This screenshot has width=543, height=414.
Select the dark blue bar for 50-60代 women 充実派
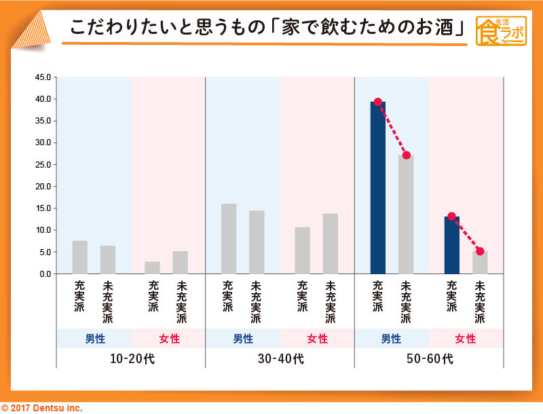pos(452,245)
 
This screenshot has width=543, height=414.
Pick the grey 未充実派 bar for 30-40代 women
pos(331,244)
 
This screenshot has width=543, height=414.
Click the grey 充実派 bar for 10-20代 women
pos(153,267)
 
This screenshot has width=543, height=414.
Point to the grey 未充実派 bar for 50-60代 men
pos(406,214)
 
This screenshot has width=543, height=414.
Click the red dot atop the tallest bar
pos(378,102)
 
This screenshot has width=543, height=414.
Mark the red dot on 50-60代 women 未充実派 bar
pos(480,251)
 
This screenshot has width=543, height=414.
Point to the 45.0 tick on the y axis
pos(43,77)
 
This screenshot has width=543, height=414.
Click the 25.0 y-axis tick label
pos(43,165)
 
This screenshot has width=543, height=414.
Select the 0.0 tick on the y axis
pos(45,274)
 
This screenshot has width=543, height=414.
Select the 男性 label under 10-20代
pos(94,339)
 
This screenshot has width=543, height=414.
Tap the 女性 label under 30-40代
pos(317,339)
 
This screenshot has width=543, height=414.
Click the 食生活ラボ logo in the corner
pos(501,31)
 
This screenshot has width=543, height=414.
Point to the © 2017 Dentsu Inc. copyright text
pos(41,408)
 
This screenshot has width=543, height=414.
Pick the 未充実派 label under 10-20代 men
pos(108,301)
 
